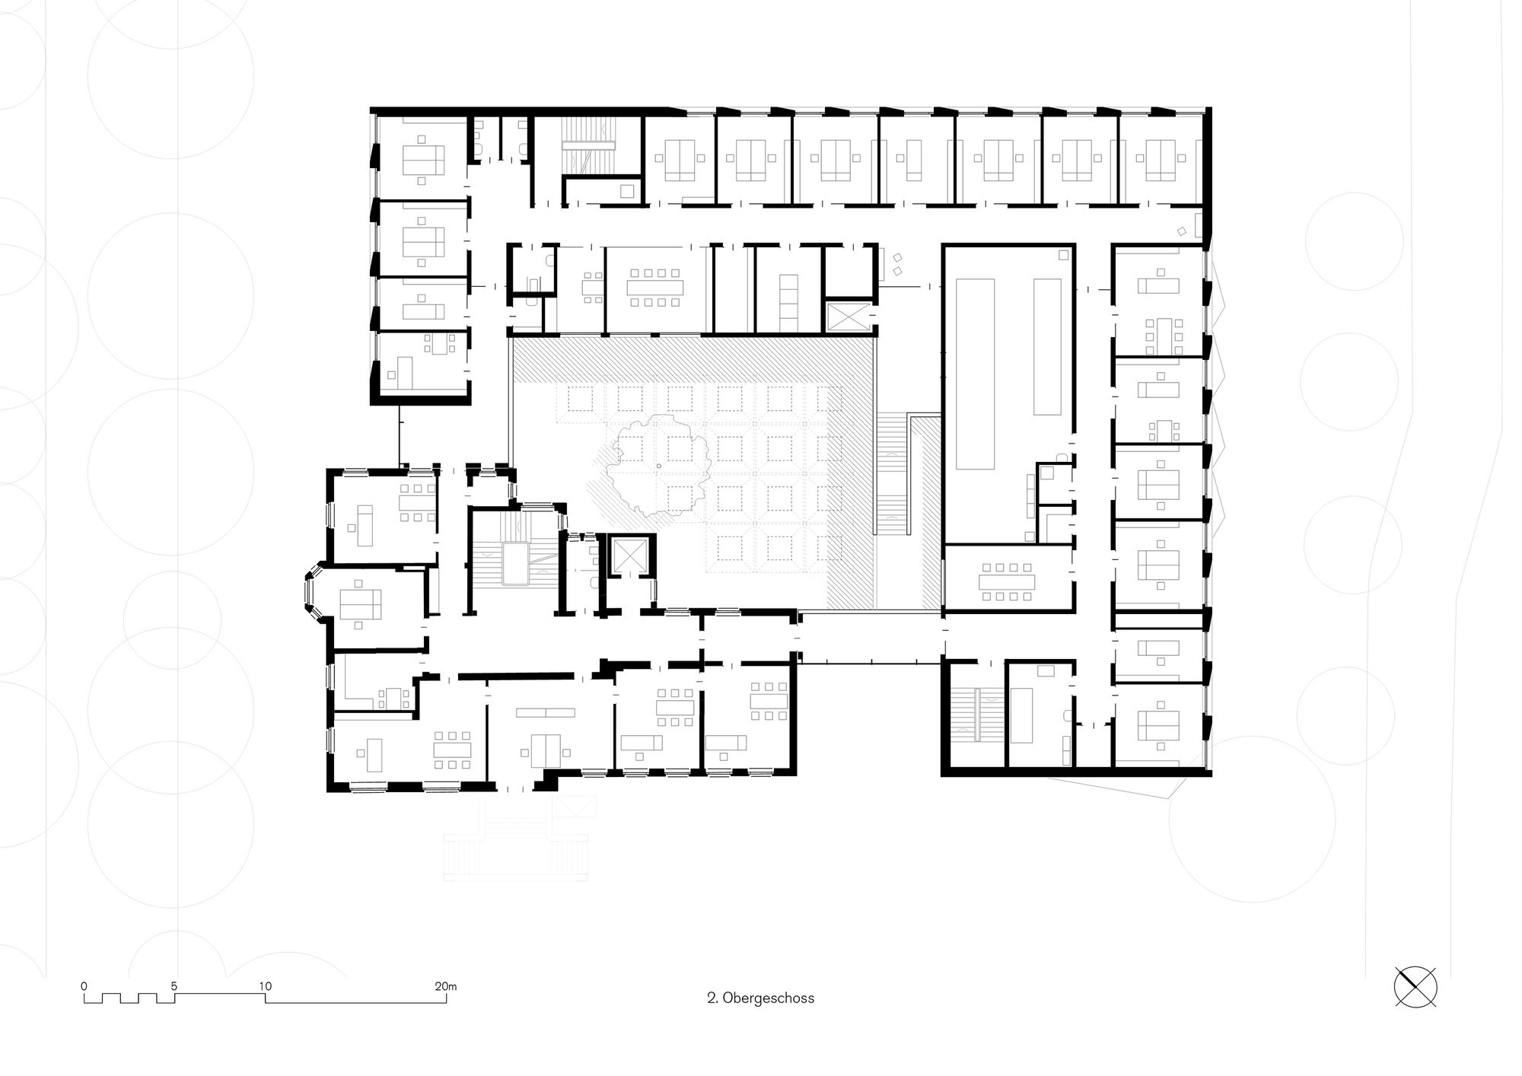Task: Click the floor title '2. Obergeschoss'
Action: coord(760,998)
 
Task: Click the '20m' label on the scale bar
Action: coord(445,986)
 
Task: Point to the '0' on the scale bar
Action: coord(84,986)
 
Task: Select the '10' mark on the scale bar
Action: coord(265,986)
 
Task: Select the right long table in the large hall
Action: coord(1047,346)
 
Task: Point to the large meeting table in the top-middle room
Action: coord(655,288)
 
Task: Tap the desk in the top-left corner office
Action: coord(423,161)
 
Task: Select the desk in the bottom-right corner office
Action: coord(1158,725)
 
